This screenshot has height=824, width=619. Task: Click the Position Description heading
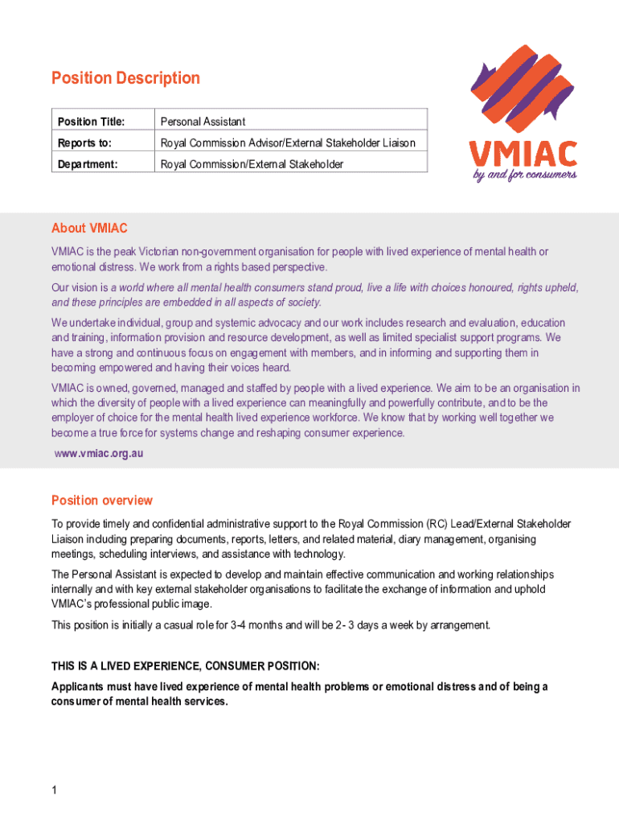[x=125, y=78]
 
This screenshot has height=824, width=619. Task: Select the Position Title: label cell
[x=91, y=122]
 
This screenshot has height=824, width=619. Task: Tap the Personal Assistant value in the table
[x=203, y=122]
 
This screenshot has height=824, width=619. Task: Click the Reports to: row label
[x=84, y=143]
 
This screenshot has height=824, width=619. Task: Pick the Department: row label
[x=88, y=164]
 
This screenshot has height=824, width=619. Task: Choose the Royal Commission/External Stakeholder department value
[x=252, y=164]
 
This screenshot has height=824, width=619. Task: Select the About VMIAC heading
[x=89, y=229]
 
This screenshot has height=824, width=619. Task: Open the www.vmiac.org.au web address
[x=98, y=453]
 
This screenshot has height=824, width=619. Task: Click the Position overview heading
[x=102, y=501]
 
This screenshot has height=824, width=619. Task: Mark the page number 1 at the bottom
[x=54, y=791]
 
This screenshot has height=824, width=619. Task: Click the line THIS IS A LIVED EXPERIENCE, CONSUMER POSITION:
[x=185, y=666]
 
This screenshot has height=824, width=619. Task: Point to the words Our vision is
[x=80, y=287]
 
